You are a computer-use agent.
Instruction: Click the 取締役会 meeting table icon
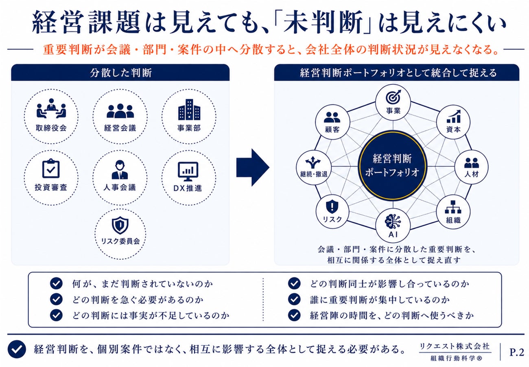51,109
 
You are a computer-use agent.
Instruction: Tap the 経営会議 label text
120,128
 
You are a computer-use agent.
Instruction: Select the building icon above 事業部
189,109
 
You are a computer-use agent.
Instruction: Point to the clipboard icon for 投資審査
51,168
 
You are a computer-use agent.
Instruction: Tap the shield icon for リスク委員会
120,225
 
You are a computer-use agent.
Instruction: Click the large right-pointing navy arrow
253,167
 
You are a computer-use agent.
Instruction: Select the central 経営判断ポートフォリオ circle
392,166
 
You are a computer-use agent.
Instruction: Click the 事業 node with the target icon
393,102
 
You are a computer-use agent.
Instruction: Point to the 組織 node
453,211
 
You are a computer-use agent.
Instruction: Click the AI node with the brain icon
393,225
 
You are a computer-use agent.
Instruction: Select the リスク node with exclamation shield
332,211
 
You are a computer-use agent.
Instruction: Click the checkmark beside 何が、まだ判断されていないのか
56,283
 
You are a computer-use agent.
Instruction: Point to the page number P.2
517,352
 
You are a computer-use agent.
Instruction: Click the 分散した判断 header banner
120,73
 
